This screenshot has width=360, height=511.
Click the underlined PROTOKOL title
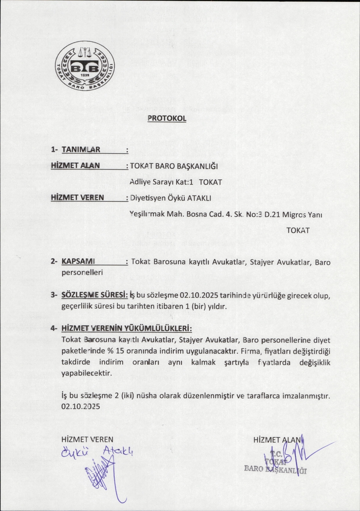(167, 118)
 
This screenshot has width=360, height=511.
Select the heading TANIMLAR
(81, 150)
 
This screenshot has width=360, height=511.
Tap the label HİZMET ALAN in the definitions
(75, 165)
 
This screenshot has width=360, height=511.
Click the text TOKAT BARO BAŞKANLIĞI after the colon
(174, 166)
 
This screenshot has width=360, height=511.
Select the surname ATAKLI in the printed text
(199, 198)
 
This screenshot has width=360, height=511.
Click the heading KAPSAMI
(78, 261)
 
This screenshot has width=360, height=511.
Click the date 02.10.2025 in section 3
(198, 295)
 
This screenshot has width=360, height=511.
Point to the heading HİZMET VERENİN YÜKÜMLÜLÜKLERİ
(127, 328)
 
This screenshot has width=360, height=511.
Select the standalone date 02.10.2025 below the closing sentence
(81, 407)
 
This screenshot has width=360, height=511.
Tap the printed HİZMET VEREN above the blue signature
(87, 439)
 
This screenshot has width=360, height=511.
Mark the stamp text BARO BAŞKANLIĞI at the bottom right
(275, 469)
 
